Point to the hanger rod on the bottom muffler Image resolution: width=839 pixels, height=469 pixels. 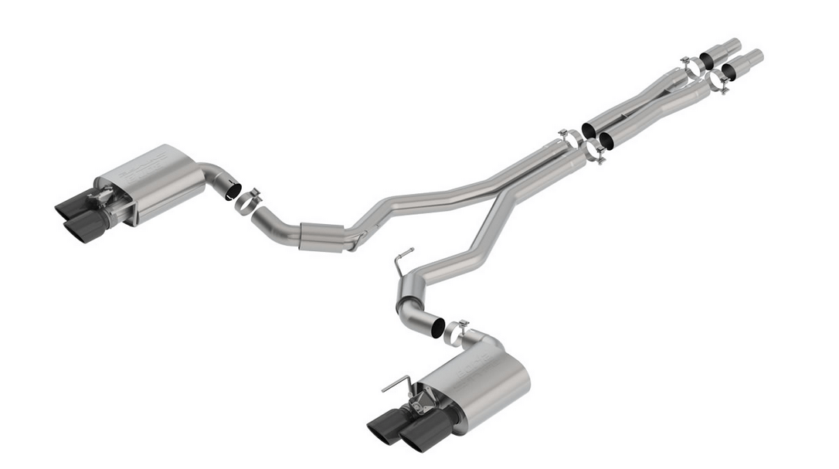click(396, 382)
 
